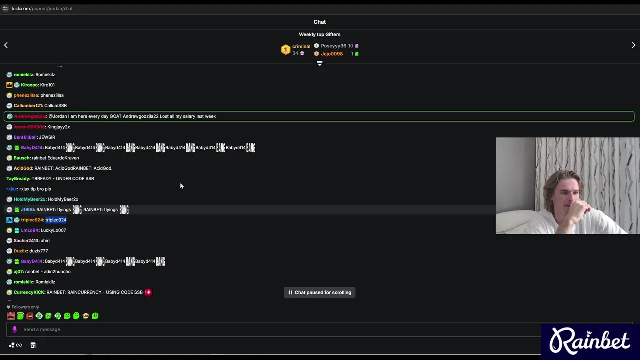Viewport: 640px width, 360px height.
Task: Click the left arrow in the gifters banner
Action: coord(6,45)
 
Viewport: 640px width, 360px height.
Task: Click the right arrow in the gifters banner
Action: coord(633,45)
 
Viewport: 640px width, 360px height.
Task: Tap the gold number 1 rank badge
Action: coord(285,49)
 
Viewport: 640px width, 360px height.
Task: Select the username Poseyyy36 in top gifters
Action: coord(333,46)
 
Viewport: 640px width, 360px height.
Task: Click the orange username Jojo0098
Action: coord(332,54)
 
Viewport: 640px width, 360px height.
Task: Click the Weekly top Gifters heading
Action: coord(319,35)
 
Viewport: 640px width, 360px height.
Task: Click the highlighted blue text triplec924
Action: coord(56,220)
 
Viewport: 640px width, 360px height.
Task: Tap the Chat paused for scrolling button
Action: coord(319,292)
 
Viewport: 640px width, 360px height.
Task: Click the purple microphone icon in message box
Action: coord(15,329)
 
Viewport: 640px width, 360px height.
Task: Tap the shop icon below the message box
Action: coord(33,345)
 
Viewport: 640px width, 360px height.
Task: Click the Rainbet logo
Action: coord(590,341)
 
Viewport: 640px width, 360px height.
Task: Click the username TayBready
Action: coord(18,179)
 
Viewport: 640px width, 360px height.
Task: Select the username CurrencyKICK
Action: coord(29,292)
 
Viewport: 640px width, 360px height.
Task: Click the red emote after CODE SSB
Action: coord(148,292)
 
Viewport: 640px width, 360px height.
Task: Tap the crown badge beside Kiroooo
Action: coord(9,85)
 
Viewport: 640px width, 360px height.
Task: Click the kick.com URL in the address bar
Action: coord(42,9)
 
